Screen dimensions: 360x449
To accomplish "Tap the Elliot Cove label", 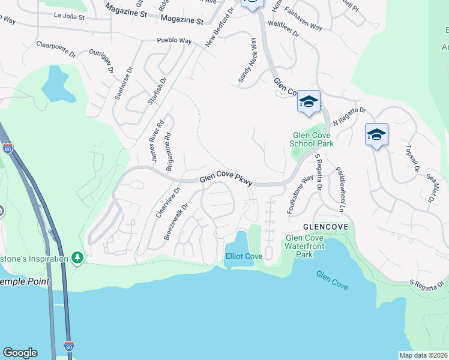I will click(244, 256).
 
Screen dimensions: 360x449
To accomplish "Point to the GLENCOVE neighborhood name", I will click(325, 227).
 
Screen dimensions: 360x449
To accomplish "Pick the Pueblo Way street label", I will click(173, 41).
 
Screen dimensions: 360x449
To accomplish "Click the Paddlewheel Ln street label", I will click(340, 190).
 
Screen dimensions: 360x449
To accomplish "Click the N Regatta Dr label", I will click(349, 116).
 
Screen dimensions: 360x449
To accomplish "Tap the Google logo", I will click(20, 353).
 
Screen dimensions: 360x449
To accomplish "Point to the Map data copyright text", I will click(423, 355).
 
